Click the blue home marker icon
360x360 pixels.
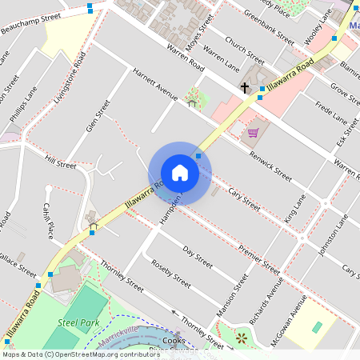180,174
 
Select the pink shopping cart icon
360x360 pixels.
253,132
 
